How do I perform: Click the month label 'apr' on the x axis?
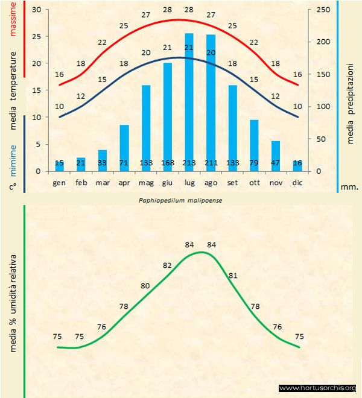pos(124,182)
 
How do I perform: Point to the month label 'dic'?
pos(297,182)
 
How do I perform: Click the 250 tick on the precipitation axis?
pos(323,10)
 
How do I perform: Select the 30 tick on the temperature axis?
pos(36,10)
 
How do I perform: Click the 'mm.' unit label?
pos(349,187)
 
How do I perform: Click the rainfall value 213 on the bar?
pos(189,163)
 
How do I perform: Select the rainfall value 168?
pos(167,163)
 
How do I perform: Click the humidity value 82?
pos(167,265)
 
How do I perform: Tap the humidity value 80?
pos(145,286)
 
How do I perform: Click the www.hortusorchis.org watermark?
pos(318,388)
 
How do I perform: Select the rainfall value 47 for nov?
pos(276,163)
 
